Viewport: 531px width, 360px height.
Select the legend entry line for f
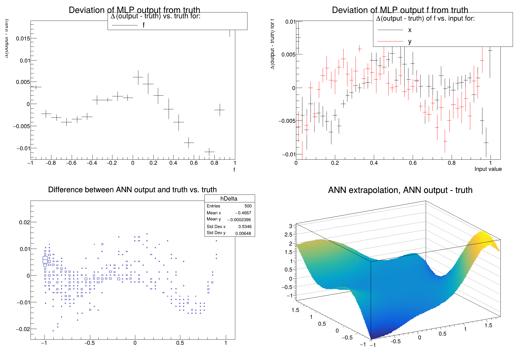(125, 25)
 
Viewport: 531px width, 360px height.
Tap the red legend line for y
(390, 41)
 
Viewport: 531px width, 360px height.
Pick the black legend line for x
(390, 30)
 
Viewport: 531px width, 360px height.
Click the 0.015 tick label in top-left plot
(23, 38)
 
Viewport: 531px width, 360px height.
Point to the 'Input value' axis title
(488, 169)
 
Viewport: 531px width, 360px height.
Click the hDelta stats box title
(229, 199)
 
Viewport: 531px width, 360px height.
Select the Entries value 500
(248, 206)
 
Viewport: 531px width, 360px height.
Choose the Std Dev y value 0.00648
(243, 233)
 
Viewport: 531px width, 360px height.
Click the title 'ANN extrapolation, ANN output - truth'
(400, 190)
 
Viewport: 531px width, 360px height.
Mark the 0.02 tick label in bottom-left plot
(24, 222)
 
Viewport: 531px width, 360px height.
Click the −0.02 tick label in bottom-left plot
(23, 329)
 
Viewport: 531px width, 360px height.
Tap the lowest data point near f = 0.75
(209, 152)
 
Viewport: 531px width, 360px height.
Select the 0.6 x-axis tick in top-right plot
(412, 163)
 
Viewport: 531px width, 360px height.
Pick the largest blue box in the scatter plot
(45, 260)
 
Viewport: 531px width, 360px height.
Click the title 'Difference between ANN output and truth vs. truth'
(132, 190)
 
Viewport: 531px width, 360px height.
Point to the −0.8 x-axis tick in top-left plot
(51, 163)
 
